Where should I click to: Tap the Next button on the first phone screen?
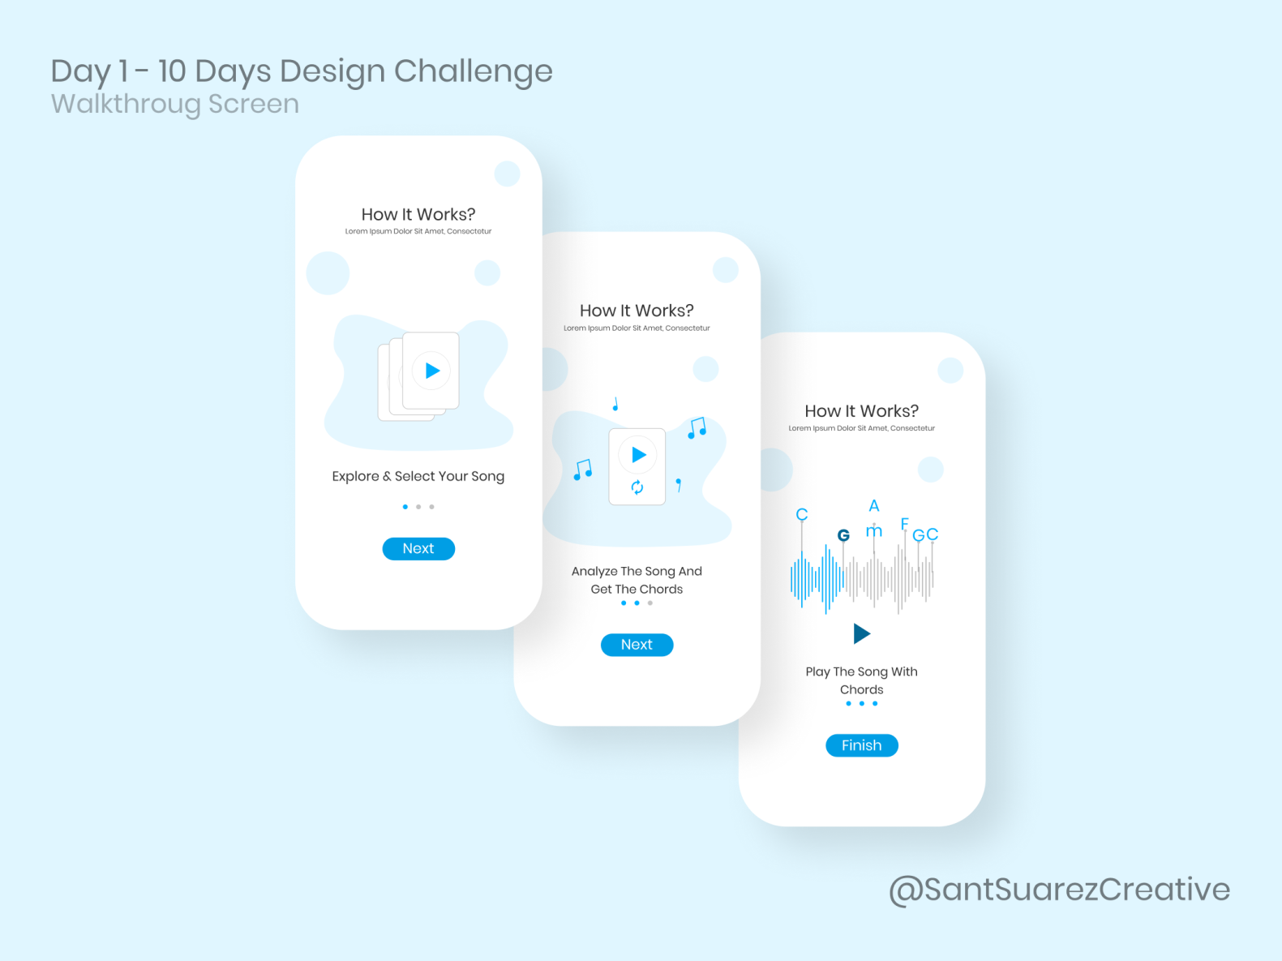coord(418,549)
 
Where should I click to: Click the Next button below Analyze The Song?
coord(637,645)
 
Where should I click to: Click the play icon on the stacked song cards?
coord(432,371)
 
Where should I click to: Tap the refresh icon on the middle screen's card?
coord(637,487)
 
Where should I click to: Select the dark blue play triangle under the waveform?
coord(861,633)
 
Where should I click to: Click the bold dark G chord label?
coord(843,535)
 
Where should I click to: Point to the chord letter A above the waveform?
coord(874,506)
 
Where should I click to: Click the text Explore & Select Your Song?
coord(418,476)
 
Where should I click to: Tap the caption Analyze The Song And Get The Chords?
coord(637,580)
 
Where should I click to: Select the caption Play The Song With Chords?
coord(861,680)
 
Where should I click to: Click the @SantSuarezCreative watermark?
coord(1059,890)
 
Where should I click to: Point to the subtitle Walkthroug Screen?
coord(175,104)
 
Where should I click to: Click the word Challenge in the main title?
coord(473,71)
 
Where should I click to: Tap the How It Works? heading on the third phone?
coord(861,411)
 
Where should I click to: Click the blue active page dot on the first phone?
coord(405,507)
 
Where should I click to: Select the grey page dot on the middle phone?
coord(650,603)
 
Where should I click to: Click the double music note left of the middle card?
coord(583,470)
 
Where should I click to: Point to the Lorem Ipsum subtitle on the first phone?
coord(418,231)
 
